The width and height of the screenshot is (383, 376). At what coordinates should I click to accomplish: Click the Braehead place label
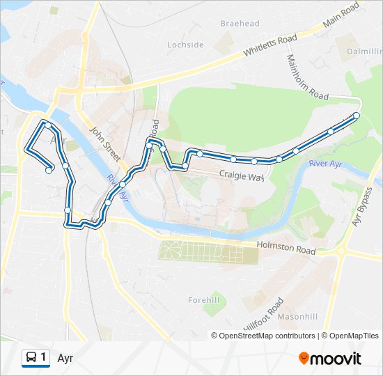240,24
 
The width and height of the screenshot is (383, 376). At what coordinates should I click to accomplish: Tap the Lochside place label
185,45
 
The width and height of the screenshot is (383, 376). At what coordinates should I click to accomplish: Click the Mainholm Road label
306,77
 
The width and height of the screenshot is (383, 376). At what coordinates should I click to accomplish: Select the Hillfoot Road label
263,315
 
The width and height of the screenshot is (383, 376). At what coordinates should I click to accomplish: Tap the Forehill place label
203,300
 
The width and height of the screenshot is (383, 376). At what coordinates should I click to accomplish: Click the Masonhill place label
297,316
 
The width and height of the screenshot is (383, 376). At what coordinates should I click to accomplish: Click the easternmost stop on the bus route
357,115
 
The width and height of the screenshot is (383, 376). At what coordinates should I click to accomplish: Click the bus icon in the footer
31,358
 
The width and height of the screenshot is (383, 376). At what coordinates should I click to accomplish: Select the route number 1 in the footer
44,358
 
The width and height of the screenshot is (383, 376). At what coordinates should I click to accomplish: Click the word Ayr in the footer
65,359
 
